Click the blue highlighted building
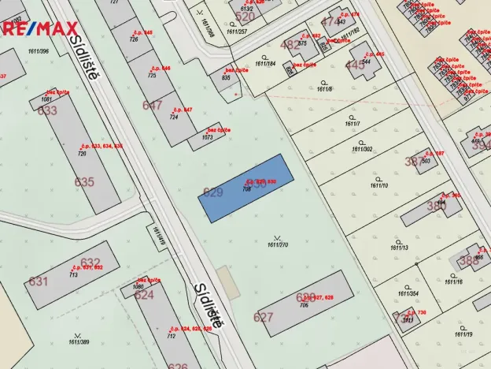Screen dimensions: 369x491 (244, 188)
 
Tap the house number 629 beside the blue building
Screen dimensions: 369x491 (212, 192)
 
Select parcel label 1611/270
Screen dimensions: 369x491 (278, 244)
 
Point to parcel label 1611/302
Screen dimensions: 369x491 (363, 148)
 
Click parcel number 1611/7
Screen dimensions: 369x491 (352, 124)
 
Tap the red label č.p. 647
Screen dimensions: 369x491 (183, 110)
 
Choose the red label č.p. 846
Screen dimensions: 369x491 (161, 69)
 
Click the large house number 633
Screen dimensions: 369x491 (48, 110)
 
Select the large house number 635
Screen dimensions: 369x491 (84, 182)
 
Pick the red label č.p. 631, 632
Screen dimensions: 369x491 (87, 267)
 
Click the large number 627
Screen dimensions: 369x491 (263, 318)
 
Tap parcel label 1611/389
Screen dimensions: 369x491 (79, 341)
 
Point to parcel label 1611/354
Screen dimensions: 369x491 (408, 293)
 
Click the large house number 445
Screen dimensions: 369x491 (356, 65)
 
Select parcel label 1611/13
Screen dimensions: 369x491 (399, 248)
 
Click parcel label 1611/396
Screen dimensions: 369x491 (38, 51)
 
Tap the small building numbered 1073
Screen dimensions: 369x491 (208, 137)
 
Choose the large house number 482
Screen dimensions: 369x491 (290, 45)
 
